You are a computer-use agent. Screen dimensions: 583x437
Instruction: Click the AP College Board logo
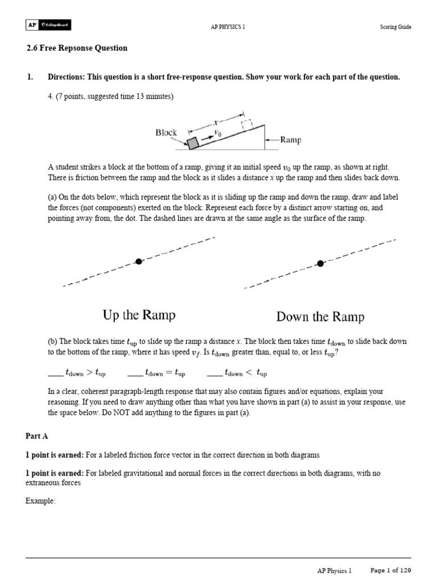coord(48,26)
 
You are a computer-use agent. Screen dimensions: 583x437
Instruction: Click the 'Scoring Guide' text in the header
coord(395,27)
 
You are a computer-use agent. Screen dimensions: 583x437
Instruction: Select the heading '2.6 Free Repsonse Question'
coord(77,48)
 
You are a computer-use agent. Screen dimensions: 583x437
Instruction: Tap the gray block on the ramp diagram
coord(193,143)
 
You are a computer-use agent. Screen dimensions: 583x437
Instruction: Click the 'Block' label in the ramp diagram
coord(166,133)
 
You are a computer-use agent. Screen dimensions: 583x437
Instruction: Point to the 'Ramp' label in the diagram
coord(291,139)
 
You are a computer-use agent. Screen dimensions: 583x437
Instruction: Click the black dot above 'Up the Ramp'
coord(139,261)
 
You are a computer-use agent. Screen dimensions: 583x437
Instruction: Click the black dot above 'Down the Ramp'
coord(320,263)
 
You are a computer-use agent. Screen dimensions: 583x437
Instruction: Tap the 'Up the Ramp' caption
coord(139,315)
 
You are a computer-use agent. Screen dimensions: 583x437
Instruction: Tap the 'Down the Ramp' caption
coord(320,317)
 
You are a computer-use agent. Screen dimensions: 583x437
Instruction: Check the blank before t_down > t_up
coord(56,374)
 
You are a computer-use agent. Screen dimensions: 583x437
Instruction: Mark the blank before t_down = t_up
coord(135,374)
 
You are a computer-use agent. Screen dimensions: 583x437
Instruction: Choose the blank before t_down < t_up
coord(215,374)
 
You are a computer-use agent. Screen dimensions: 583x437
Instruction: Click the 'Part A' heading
coord(37,436)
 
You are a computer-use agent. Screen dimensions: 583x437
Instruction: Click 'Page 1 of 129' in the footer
coord(390,570)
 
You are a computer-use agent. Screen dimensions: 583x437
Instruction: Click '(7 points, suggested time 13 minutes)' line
coord(110,96)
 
